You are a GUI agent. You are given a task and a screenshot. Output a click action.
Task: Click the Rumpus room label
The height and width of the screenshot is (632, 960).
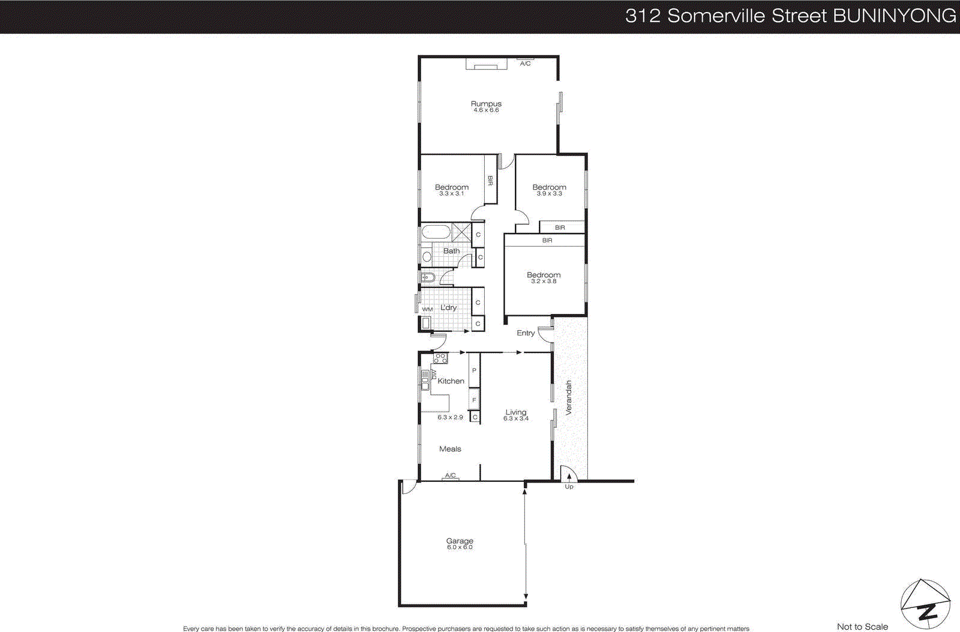(x=486, y=104)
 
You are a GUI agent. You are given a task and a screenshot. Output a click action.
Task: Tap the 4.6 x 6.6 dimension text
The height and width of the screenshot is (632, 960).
(x=486, y=110)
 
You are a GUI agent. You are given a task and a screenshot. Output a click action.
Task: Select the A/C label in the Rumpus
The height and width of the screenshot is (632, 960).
(x=525, y=64)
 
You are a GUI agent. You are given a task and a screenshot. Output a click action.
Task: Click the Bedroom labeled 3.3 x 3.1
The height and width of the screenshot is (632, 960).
(x=452, y=187)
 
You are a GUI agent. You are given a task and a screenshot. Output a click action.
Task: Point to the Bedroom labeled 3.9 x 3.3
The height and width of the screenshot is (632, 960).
(x=549, y=187)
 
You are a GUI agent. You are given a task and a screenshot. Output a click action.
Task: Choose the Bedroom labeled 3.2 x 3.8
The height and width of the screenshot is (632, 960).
(x=544, y=275)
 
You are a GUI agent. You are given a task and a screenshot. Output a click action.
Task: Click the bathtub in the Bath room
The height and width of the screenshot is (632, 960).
(x=435, y=232)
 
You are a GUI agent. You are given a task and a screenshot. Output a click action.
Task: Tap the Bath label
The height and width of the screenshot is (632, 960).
(x=451, y=251)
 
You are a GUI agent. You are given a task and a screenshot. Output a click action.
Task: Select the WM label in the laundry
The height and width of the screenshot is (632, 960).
(x=427, y=310)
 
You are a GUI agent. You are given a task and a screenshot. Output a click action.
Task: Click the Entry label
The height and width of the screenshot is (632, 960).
(x=526, y=333)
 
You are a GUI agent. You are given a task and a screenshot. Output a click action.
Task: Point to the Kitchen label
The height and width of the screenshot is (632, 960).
(x=451, y=381)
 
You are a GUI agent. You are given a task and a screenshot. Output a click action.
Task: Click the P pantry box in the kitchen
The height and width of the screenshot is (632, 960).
(x=474, y=371)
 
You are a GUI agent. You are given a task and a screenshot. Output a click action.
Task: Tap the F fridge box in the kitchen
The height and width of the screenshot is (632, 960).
(x=474, y=400)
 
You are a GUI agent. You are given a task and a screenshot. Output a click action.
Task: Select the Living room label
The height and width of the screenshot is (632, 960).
(x=515, y=412)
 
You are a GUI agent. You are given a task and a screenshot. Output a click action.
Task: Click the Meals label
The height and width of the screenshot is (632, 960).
(x=450, y=449)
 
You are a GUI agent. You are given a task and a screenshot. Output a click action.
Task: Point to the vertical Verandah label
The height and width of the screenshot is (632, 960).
(x=569, y=398)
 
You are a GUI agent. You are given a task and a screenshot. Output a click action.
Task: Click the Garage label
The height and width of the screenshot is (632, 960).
(x=460, y=541)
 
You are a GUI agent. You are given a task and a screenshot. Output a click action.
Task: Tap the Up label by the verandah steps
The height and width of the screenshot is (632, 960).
(x=569, y=487)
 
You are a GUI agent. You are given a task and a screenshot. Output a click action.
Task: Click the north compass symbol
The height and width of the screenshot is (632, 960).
(x=925, y=605)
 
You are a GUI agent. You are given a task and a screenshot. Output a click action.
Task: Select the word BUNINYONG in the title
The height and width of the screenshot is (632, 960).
(x=894, y=16)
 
